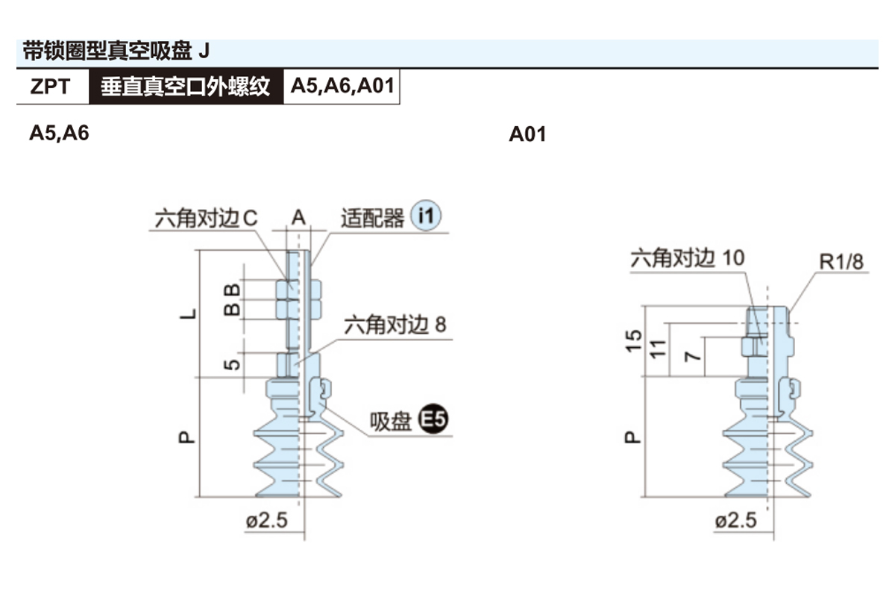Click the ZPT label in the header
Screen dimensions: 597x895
coord(51,87)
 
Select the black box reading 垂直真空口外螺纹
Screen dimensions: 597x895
coord(186,87)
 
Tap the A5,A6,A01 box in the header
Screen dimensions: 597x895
coord(342,87)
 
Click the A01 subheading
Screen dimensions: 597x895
coord(527,134)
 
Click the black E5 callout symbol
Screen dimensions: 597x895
coord(433,421)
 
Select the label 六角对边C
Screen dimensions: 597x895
coord(206,219)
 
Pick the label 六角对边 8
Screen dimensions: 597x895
coord(395,325)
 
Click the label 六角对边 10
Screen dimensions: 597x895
coord(687,258)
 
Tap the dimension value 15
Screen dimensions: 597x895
coord(633,342)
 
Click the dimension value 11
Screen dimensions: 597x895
coord(657,348)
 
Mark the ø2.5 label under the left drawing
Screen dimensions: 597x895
coord(266,520)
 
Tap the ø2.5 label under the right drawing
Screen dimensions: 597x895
coord(735,520)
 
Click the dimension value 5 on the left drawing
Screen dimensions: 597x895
coord(233,364)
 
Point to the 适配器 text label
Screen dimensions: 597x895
coord(372,218)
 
